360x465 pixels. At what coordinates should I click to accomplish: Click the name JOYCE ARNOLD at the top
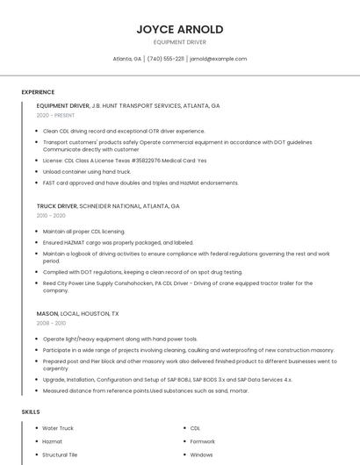pos(180,29)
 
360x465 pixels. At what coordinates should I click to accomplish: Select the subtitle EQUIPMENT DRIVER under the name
pos(180,42)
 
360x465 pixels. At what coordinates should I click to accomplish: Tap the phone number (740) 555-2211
pos(165,59)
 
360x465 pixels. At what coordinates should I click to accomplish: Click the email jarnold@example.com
pos(219,59)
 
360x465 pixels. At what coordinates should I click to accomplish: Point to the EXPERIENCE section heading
pos(38,92)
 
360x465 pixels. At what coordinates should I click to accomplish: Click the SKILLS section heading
pos(31,411)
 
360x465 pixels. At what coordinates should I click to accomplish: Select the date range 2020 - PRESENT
pos(56,115)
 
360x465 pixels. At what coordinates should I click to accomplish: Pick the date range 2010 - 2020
pos(51,216)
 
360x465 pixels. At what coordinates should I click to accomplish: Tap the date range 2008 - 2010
pos(51,323)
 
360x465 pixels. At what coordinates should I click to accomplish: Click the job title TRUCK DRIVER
pos(56,206)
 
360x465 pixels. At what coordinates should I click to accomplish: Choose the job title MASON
pos(47,313)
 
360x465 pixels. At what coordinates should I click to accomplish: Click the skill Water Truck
pos(58,428)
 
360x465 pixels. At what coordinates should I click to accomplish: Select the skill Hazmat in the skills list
pos(53,441)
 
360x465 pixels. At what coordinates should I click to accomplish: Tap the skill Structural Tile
pos(61,455)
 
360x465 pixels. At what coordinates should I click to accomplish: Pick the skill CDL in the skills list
pos(195,428)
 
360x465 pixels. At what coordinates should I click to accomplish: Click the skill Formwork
pos(203,441)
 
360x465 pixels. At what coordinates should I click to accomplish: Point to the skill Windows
pos(202,455)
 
